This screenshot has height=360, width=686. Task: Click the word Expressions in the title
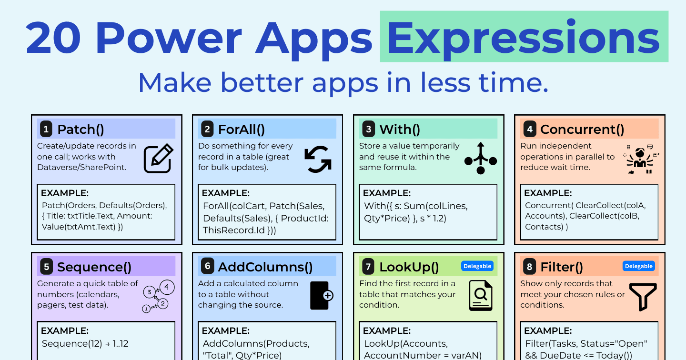point(524,39)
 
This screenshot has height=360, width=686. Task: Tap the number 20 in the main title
point(53,38)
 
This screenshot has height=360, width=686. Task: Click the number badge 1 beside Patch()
point(46,129)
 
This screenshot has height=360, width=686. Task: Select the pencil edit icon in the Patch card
point(159,158)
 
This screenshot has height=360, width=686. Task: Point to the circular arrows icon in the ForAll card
point(318,159)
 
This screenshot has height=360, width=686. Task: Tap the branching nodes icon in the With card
point(481,158)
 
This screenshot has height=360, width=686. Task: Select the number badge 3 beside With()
point(368,129)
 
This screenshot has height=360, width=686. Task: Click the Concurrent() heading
point(582,130)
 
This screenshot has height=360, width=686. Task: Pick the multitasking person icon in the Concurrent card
point(641,159)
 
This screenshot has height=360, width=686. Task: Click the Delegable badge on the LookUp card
point(477,266)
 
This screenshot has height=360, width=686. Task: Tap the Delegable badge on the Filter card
point(638,266)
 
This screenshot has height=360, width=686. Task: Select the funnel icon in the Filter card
point(643,297)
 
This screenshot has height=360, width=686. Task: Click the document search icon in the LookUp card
point(481,296)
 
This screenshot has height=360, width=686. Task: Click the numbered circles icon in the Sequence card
point(158,296)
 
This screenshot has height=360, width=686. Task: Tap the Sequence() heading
point(94,267)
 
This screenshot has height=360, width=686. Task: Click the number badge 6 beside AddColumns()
point(207,266)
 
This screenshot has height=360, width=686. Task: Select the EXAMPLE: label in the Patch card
point(65,193)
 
